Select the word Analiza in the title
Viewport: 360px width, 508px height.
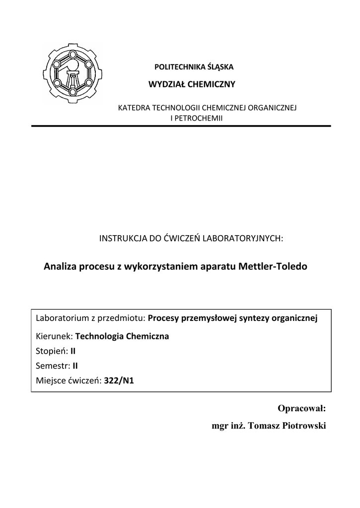coord(61,266)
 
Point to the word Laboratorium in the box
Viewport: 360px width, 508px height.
coord(61,318)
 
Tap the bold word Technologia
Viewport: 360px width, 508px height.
coord(100,336)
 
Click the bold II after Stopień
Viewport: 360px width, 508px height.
coord(73,351)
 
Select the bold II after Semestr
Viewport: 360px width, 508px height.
coord(75,366)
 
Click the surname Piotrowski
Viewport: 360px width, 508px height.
coord(300,426)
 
